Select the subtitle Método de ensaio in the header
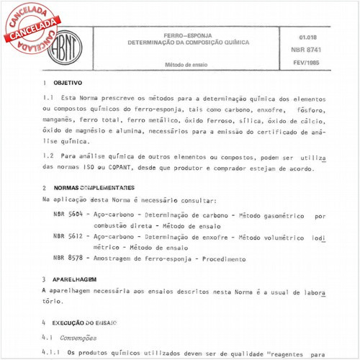[186, 64]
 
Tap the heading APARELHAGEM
[75, 279]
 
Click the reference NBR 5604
[68, 215]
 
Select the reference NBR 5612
[68, 235]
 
